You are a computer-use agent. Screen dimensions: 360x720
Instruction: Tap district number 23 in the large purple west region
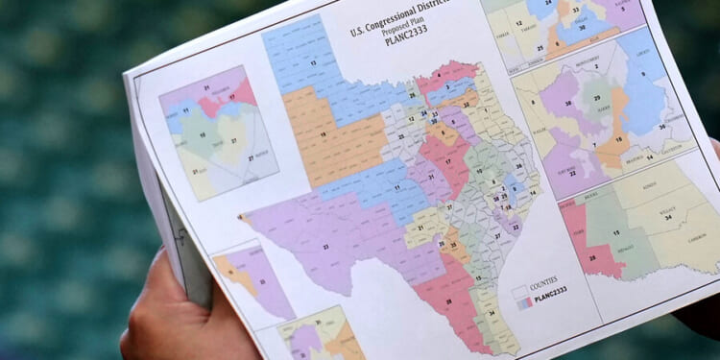tap(326, 247)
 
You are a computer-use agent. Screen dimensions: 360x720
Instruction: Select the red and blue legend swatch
tap(524, 300)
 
